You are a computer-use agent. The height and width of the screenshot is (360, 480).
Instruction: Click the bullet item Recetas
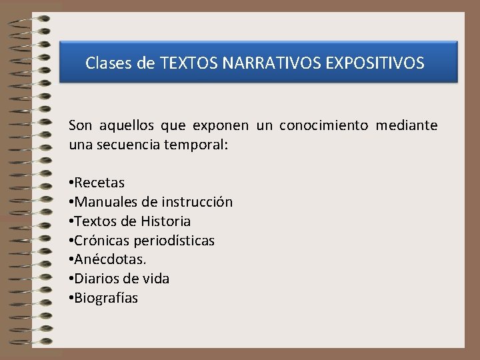pos(99,183)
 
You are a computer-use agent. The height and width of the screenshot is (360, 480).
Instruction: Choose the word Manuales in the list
pos(101,202)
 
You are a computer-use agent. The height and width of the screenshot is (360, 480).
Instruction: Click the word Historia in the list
pos(166,221)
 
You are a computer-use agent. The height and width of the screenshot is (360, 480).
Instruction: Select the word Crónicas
pos(102,241)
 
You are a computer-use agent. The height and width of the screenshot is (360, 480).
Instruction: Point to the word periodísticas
pos(174,241)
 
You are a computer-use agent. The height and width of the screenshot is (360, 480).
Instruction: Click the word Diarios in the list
pos(97,279)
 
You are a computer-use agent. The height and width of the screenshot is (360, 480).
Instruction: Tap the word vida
pos(155,279)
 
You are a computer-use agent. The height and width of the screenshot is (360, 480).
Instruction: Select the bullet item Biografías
pos(106,298)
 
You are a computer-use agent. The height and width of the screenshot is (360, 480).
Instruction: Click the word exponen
pos(220,125)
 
